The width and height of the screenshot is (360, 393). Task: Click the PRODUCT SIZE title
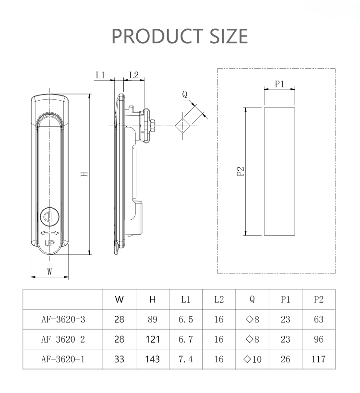(180, 36)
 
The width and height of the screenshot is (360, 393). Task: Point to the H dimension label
(84, 174)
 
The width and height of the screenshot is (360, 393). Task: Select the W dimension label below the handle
(49, 272)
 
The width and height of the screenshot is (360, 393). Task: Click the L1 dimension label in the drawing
(100, 75)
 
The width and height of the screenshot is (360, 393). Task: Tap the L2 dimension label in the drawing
(134, 75)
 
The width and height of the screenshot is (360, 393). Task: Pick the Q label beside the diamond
(185, 95)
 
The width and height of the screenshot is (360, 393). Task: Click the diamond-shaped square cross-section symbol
(183, 126)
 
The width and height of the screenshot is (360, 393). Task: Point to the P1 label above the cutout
(279, 84)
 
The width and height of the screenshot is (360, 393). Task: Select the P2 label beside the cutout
(241, 171)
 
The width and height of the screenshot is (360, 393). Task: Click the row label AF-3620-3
(63, 319)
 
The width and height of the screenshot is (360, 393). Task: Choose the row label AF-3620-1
(63, 359)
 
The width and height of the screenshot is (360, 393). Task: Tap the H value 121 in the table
(153, 339)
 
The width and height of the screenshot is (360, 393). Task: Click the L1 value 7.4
(186, 359)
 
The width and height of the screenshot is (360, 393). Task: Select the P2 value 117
(318, 359)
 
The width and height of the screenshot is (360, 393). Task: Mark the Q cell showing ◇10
(252, 359)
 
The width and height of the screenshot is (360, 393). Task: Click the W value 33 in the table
(120, 359)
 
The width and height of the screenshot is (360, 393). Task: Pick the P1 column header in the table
(286, 299)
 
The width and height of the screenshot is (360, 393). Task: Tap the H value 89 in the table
(153, 319)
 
